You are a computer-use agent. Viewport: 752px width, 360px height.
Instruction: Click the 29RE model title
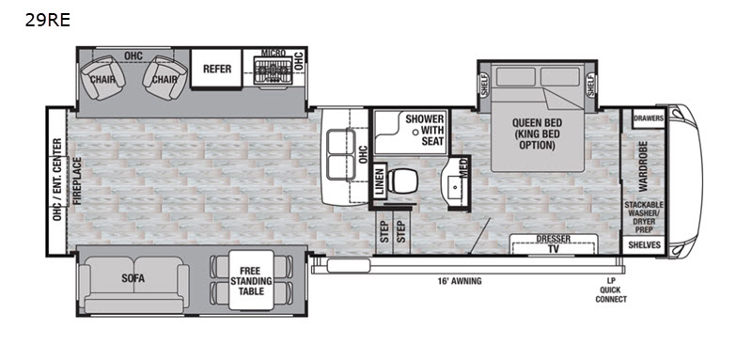48,20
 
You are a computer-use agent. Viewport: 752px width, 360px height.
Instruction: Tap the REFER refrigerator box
217,69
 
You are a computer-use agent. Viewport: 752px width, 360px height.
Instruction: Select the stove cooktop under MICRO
273,70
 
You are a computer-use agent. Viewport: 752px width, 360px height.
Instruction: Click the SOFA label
133,278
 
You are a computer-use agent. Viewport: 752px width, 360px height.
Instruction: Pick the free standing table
251,280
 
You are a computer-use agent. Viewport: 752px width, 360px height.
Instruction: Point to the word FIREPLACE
77,180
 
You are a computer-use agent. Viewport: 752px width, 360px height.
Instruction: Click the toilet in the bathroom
401,180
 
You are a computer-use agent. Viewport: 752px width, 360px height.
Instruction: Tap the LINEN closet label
380,181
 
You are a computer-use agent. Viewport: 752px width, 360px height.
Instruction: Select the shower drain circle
415,131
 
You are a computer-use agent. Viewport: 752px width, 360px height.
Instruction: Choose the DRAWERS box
649,118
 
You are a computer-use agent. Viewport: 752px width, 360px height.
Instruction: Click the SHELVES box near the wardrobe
644,245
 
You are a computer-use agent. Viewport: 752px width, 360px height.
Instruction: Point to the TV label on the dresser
554,249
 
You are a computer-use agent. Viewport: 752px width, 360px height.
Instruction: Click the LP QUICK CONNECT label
610,290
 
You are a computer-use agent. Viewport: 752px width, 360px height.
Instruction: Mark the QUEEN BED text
537,123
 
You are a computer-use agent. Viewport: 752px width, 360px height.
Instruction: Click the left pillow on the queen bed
515,77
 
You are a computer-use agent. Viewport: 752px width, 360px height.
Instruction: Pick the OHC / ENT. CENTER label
57,180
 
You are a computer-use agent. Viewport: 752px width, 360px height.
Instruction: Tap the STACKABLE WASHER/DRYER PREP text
644,217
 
